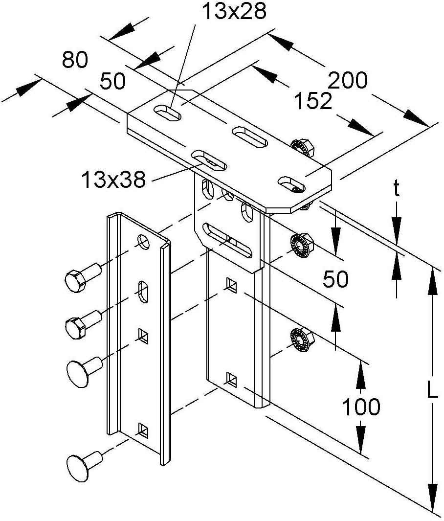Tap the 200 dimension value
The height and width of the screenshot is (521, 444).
(x=348, y=80)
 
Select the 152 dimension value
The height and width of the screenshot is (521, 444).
(x=313, y=101)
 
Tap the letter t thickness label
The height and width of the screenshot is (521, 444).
(x=397, y=189)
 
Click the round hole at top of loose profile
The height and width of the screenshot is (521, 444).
(x=144, y=241)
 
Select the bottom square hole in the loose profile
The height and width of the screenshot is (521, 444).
(x=143, y=429)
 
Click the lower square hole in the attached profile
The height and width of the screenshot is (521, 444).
(x=231, y=377)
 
